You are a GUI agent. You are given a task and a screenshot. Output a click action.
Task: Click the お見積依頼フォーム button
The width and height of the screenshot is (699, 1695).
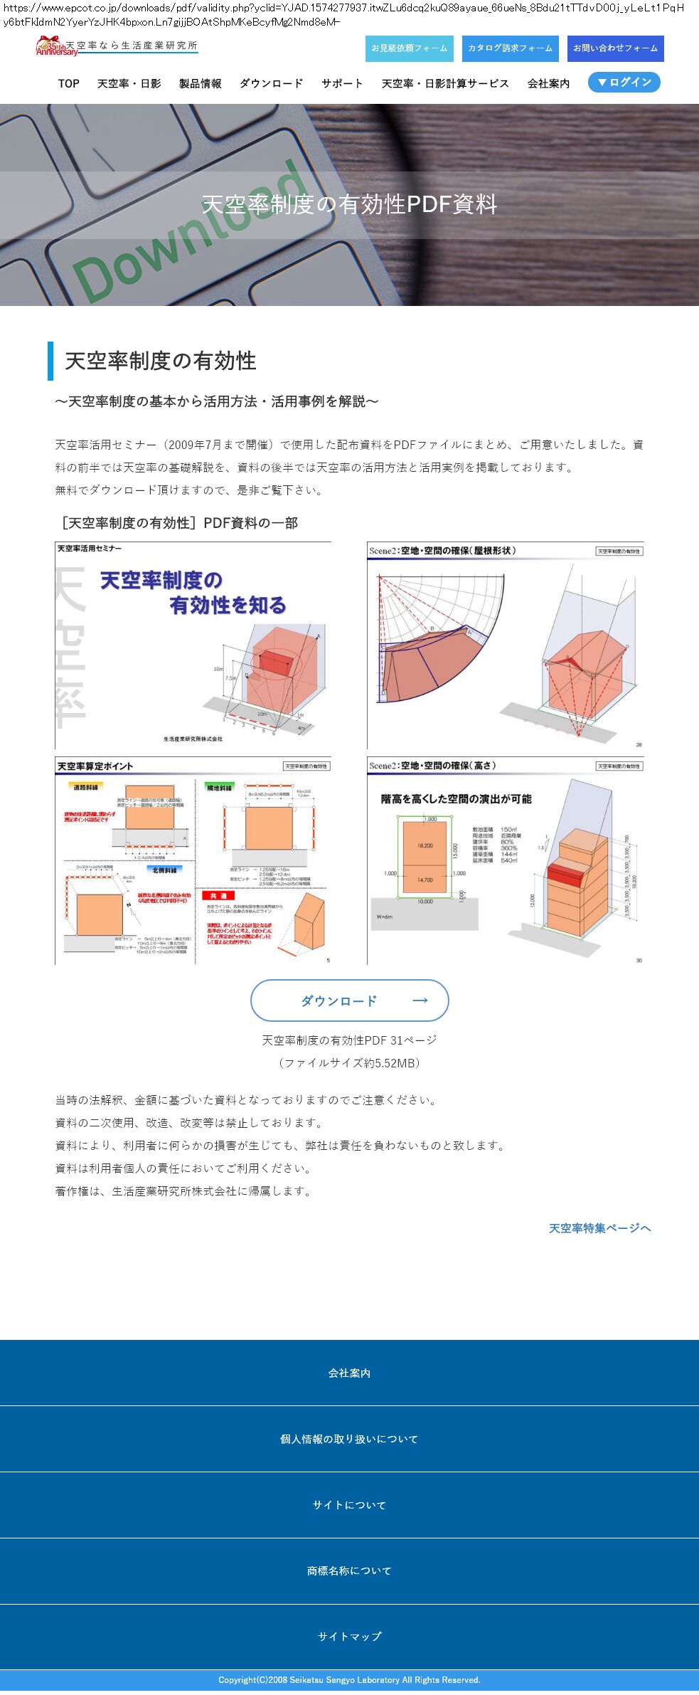tap(409, 48)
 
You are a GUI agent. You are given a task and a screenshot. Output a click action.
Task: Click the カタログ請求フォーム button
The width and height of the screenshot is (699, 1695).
tap(510, 48)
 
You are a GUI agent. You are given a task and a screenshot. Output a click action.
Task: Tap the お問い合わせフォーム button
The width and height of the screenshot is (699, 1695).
tap(615, 48)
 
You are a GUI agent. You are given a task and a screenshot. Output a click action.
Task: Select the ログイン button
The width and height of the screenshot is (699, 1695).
tap(624, 83)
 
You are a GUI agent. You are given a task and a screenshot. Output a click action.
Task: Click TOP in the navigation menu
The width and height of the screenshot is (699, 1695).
tap(69, 84)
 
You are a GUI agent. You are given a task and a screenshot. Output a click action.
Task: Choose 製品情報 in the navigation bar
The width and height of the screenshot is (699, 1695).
tap(201, 84)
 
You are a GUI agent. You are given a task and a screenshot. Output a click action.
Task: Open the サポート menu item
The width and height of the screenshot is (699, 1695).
tap(342, 84)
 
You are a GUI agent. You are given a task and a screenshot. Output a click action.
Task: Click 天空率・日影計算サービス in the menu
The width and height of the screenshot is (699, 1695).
tap(445, 84)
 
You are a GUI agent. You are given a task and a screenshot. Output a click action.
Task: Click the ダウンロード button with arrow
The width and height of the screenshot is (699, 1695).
tap(349, 1000)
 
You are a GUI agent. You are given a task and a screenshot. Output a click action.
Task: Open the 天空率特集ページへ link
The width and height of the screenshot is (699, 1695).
tap(599, 1228)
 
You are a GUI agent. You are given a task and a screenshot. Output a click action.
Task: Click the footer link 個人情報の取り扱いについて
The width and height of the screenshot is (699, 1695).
tap(349, 1439)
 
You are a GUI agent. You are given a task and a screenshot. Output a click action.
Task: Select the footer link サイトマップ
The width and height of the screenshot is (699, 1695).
tap(349, 1637)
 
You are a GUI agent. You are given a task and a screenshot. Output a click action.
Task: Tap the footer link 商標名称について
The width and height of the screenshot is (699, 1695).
tap(349, 1570)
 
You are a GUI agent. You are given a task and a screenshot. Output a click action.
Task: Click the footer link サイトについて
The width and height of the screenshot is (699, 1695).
tap(349, 1505)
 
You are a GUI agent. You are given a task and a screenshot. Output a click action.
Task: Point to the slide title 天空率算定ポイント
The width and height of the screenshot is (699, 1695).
tap(95, 766)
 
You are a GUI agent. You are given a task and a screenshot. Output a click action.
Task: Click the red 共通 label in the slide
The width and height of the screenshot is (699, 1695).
tap(218, 895)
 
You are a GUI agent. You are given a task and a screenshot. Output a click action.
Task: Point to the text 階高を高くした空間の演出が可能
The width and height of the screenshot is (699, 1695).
tap(456, 799)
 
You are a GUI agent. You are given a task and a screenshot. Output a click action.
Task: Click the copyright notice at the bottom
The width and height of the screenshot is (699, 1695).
tap(349, 1680)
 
